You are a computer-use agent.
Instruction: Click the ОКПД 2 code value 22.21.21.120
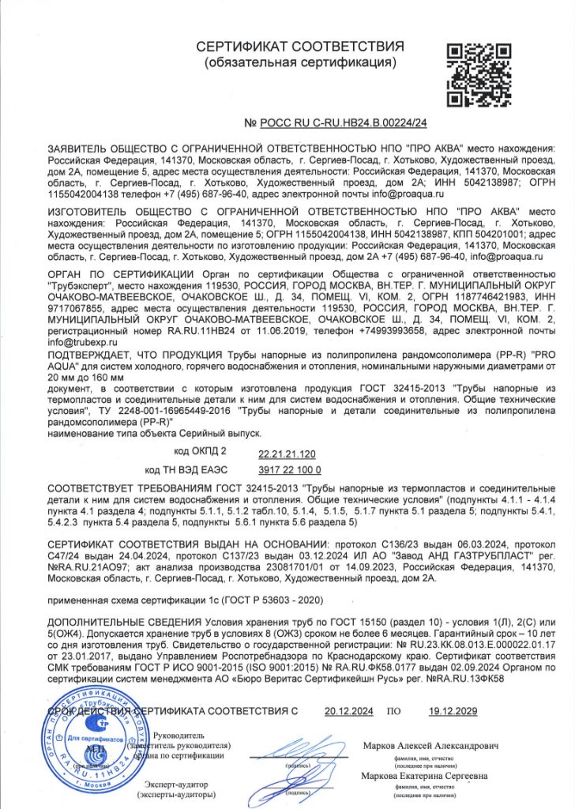(287, 453)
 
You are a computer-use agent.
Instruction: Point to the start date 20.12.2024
(349, 711)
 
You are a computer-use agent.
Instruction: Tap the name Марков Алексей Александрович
(430, 745)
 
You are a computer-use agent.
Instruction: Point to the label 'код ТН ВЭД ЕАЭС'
(181, 469)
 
